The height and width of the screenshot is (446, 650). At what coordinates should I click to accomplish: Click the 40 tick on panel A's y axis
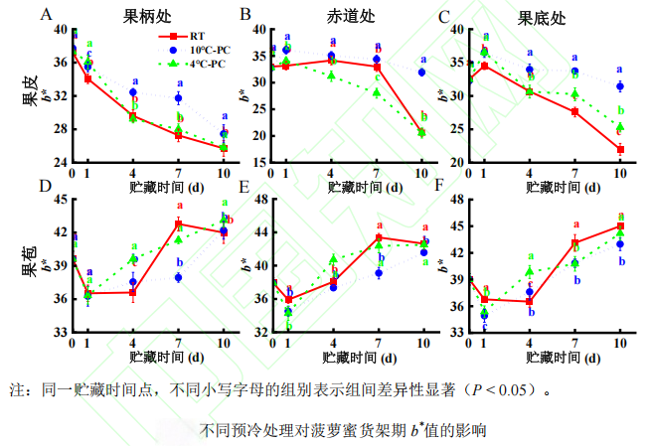tap(60, 29)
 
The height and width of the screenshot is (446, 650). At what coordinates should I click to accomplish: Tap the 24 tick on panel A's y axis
tap(60, 162)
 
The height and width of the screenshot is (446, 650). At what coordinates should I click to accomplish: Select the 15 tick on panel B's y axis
tap(257, 162)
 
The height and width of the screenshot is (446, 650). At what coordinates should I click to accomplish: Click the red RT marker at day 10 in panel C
tap(620, 149)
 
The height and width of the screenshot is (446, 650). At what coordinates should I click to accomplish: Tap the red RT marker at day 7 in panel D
tap(179, 223)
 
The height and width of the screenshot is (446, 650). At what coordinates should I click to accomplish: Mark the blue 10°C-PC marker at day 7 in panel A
tap(179, 98)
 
